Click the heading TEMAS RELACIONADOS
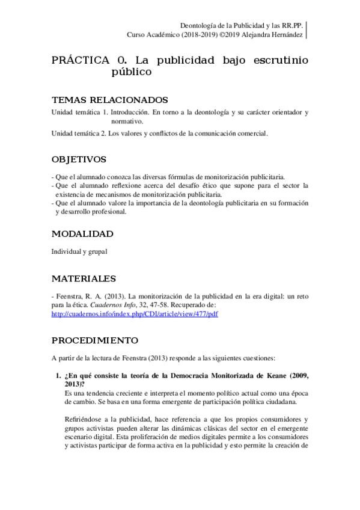tap(109, 100)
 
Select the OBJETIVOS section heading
tap(79, 159)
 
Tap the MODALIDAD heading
tap(82, 233)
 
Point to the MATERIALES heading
tap(84, 278)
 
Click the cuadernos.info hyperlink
tap(134, 314)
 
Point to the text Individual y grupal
tap(79, 251)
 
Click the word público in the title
tap(130, 72)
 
